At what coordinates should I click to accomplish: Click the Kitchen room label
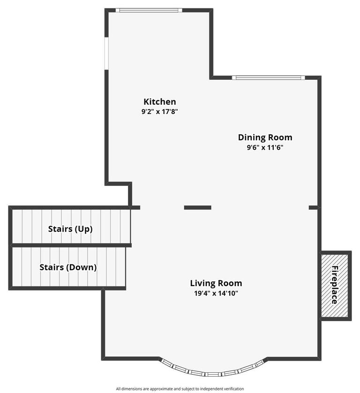(x=159, y=101)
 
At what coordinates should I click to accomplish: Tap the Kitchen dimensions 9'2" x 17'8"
(x=159, y=111)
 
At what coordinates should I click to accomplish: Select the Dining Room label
(x=265, y=137)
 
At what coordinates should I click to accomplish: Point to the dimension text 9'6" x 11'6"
(x=265, y=147)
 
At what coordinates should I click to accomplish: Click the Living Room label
(x=216, y=283)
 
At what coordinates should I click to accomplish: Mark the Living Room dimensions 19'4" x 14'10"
(x=216, y=293)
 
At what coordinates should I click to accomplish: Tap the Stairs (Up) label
(x=70, y=229)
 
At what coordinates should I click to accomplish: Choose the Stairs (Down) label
(x=68, y=267)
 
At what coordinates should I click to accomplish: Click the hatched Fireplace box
(x=335, y=286)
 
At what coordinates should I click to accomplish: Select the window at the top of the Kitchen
(x=149, y=10)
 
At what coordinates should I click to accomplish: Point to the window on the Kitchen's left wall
(x=106, y=53)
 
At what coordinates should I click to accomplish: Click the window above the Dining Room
(x=268, y=77)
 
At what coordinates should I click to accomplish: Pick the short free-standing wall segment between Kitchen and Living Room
(x=198, y=207)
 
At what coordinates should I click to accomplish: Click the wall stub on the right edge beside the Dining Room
(x=313, y=207)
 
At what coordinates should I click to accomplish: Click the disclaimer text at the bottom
(x=180, y=389)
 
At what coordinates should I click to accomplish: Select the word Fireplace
(x=334, y=285)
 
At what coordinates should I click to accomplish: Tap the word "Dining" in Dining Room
(x=252, y=137)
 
